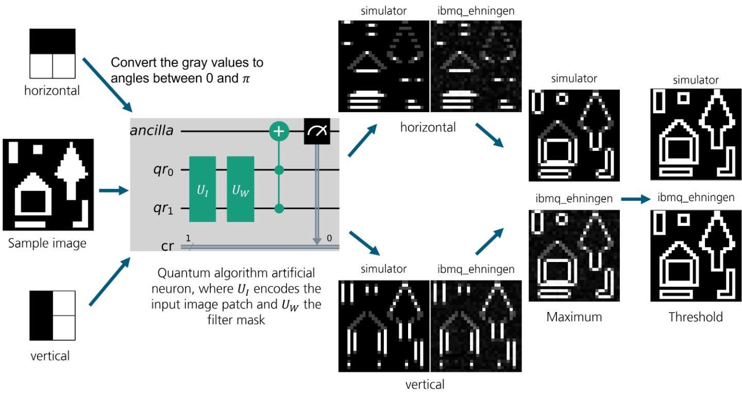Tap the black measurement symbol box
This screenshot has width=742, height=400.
click(316, 132)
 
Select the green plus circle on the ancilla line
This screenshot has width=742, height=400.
click(279, 132)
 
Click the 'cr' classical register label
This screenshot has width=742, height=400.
click(167, 246)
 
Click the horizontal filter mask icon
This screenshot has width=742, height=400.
click(53, 53)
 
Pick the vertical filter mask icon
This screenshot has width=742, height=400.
click(53, 314)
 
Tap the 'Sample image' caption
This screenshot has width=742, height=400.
click(47, 243)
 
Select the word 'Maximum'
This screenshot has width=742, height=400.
click(574, 317)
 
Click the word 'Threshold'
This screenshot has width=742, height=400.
click(696, 317)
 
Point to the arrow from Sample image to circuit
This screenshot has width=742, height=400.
click(112, 191)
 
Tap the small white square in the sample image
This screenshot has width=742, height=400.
click(38, 149)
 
